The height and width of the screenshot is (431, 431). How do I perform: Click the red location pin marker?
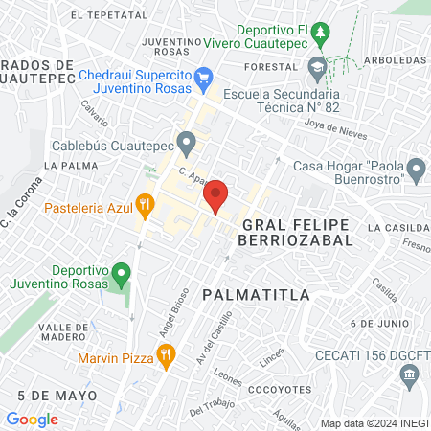click(215, 194)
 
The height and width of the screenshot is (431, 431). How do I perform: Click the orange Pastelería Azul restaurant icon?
click(146, 204)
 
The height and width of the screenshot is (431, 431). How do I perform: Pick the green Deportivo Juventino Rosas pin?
click(121, 274)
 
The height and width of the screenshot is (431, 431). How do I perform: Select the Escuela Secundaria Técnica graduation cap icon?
click(317, 67)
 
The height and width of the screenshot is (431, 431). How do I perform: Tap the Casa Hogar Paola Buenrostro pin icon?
click(416, 170)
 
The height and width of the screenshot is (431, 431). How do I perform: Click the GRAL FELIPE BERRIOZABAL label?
click(295, 232)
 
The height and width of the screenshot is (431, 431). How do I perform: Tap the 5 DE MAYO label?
click(57, 395)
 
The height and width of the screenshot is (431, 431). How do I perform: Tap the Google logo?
click(32, 419)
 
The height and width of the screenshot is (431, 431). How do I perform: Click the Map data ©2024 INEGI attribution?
click(374, 422)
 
